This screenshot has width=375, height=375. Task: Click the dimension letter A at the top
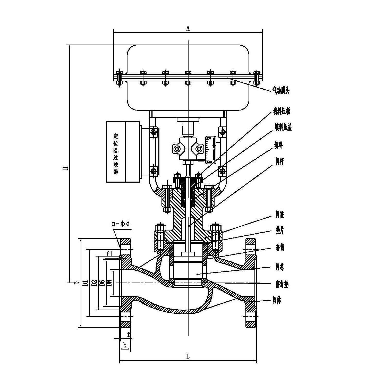pos(188,28)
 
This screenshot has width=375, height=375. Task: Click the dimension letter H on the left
pos(66,167)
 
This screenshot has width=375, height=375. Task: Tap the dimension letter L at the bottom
pos(188,356)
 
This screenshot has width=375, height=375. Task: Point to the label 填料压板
pos(282,112)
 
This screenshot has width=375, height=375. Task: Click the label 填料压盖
pos(283,127)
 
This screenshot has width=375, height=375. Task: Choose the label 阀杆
pos(279,162)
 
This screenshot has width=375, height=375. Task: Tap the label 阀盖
pos(280,215)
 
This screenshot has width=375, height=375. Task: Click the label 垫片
pos(280,231)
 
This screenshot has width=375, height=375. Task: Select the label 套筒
pos(280,248)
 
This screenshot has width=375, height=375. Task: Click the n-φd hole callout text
pos(121,223)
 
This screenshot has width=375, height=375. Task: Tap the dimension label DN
pos(109,283)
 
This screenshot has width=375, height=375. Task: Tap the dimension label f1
pos(110,254)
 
